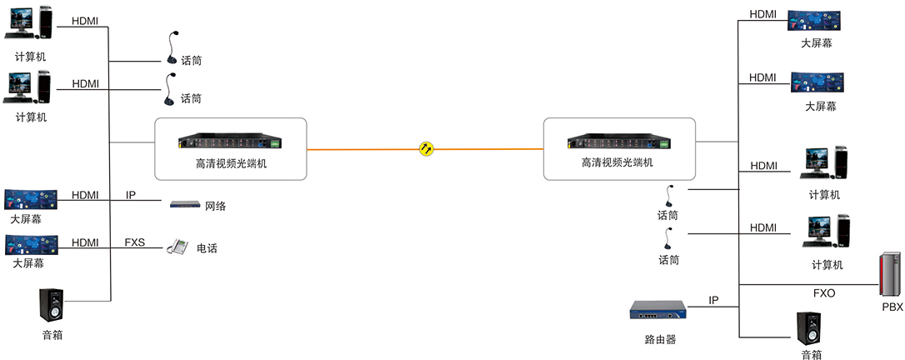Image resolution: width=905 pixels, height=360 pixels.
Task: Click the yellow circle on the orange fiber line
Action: (x=425, y=149)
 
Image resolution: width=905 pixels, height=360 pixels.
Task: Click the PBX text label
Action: (x=892, y=307)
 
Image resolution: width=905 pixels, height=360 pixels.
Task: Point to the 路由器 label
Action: (x=660, y=339)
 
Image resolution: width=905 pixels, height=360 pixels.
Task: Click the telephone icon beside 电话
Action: (x=177, y=247)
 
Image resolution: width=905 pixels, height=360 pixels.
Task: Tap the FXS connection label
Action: (x=134, y=242)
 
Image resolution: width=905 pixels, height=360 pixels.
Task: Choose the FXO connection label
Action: (x=824, y=292)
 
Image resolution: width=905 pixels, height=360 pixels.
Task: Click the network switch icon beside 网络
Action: (x=185, y=204)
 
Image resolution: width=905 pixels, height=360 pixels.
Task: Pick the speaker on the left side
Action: (x=51, y=306)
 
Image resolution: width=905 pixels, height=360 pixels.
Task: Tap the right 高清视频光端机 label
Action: (x=618, y=164)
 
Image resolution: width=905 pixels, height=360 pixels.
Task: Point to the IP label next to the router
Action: (x=713, y=299)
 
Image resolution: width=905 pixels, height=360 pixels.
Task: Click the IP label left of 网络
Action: (x=131, y=195)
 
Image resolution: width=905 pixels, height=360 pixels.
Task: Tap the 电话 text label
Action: (x=207, y=247)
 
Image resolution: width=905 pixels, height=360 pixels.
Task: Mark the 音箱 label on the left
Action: (x=52, y=335)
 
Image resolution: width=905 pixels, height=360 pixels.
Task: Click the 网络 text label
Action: (x=215, y=205)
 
